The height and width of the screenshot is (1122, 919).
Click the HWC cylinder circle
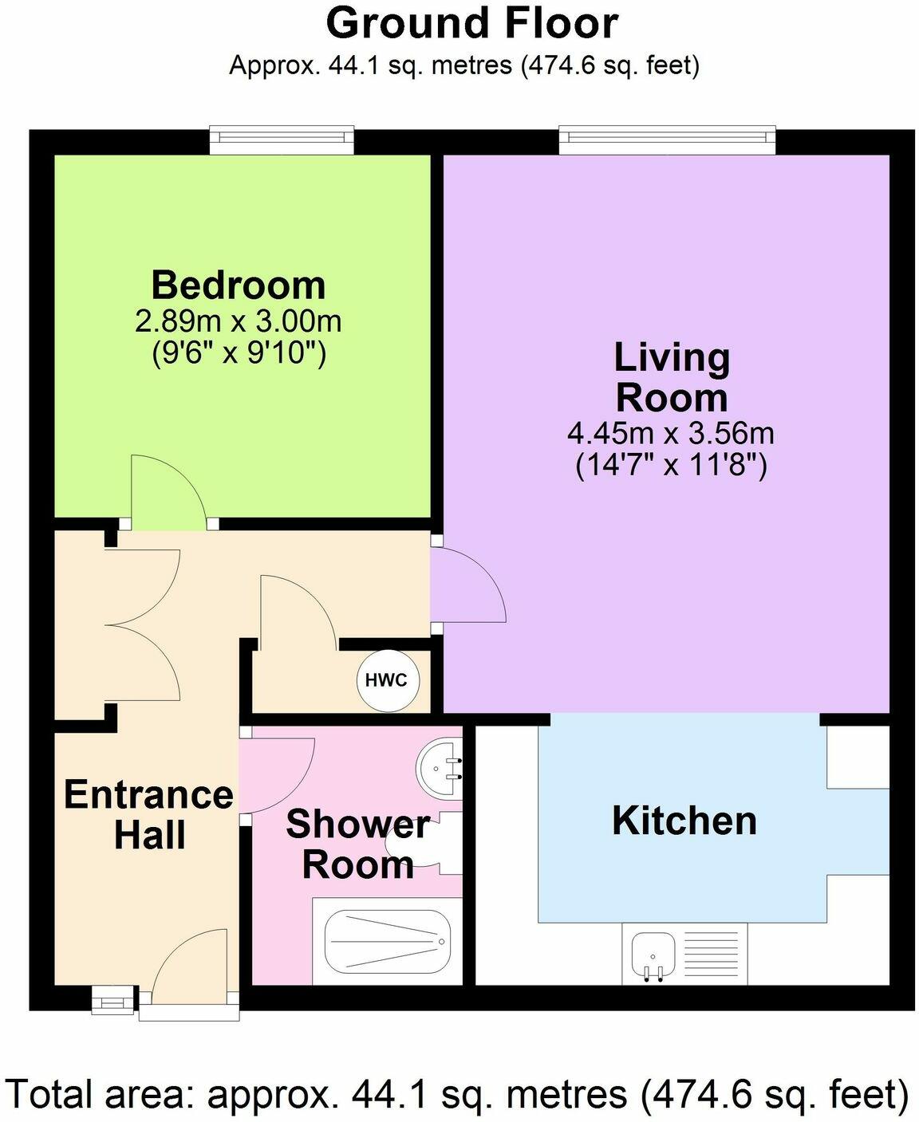click(x=386, y=680)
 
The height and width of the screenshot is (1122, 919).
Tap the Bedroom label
click(x=239, y=285)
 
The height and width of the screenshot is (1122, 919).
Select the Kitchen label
click(x=684, y=821)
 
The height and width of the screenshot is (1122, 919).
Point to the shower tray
click(x=382, y=943)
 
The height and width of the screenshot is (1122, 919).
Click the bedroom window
click(x=282, y=140)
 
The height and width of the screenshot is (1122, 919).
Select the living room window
click(x=667, y=140)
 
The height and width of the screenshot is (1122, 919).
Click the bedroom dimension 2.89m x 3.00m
click(x=239, y=321)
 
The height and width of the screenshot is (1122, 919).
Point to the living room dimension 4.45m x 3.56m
click(x=671, y=434)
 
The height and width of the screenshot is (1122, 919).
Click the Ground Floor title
click(x=472, y=23)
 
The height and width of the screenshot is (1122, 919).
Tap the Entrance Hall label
click(x=149, y=814)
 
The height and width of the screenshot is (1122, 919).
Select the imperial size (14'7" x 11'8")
click(x=671, y=464)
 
